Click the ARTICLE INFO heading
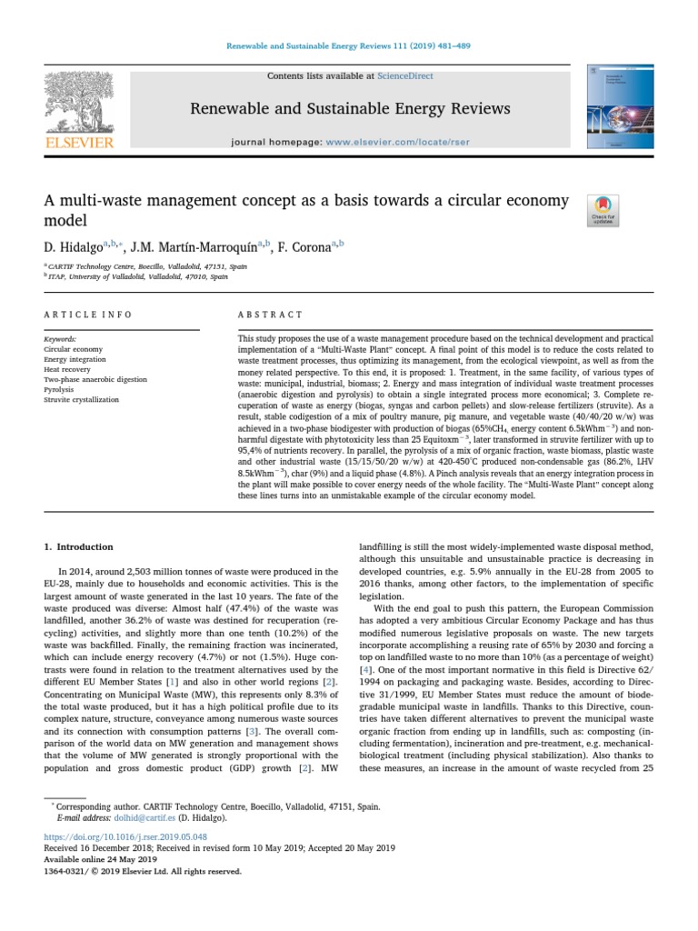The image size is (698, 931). pyautogui.click(x=88, y=315)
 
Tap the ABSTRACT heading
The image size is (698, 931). pyautogui.click(x=270, y=315)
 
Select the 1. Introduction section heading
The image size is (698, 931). pyautogui.click(x=79, y=546)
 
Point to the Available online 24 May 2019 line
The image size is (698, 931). pyautogui.click(x=100, y=858)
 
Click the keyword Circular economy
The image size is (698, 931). pyautogui.click(x=73, y=348)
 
